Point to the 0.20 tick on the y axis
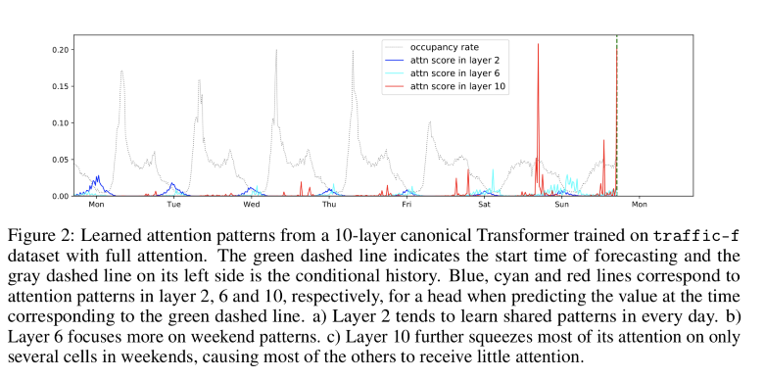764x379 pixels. pos(58,50)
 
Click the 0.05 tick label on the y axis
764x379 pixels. pos(58,160)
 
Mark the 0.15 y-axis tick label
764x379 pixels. pos(58,86)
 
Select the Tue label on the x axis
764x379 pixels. pos(173,206)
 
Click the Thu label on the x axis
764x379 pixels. pos(329,206)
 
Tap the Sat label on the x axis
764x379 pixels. pos(484,206)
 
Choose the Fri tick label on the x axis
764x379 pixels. pos(406,206)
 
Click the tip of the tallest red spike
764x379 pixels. pos(538,44)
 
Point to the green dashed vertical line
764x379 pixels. pos(616,118)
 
